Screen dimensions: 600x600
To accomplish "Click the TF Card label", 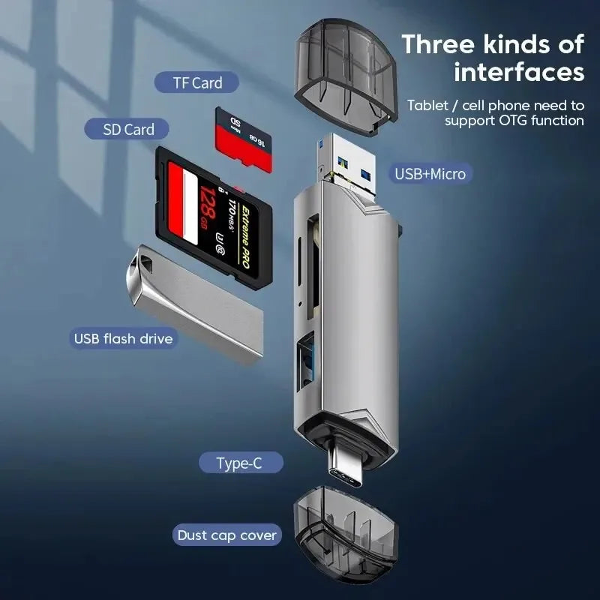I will (196, 83).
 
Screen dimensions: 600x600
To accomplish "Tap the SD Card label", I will (129, 130).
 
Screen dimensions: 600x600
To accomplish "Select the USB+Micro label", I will (430, 174).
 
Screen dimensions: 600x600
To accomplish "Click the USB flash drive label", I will (123, 339).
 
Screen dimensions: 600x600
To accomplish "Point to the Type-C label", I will (239, 463).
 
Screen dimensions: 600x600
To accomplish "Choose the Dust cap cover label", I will (226, 535).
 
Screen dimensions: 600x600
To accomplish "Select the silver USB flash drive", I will (195, 300).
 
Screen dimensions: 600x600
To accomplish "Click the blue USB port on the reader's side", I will (307, 364).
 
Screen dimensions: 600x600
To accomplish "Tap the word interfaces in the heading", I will (519, 73).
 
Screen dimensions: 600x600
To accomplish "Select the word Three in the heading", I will (440, 43).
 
